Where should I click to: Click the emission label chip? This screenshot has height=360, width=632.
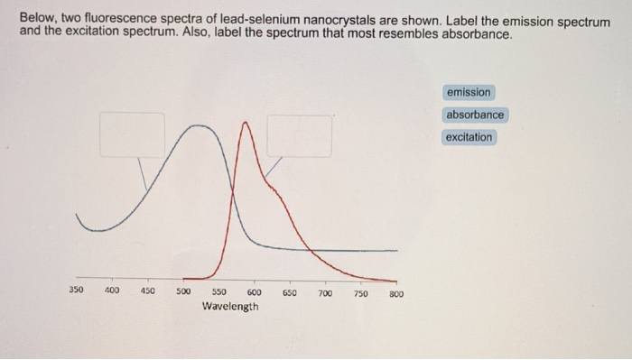coord(469,92)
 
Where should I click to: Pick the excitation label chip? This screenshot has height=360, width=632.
coord(469,137)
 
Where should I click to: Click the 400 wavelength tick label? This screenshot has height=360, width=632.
coord(112,291)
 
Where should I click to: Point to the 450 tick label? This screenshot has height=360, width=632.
coord(147,291)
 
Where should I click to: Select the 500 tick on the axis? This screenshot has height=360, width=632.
coord(183,291)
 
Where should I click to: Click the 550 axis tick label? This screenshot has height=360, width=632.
coord(219,292)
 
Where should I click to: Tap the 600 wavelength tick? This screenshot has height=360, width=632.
coord(254,292)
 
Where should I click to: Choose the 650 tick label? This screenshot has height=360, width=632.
coord(290,293)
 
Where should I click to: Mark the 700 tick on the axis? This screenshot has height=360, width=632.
coord(325,293)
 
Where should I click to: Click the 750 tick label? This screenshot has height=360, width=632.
coord(360,293)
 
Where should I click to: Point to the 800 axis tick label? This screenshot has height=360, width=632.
coord(395,294)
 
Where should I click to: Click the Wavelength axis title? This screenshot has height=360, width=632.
coord(230,307)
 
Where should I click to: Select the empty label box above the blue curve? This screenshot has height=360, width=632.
coord(132,134)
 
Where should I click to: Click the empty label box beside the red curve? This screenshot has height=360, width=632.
coord(298,135)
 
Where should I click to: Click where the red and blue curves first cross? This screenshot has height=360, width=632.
coord(232,190)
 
